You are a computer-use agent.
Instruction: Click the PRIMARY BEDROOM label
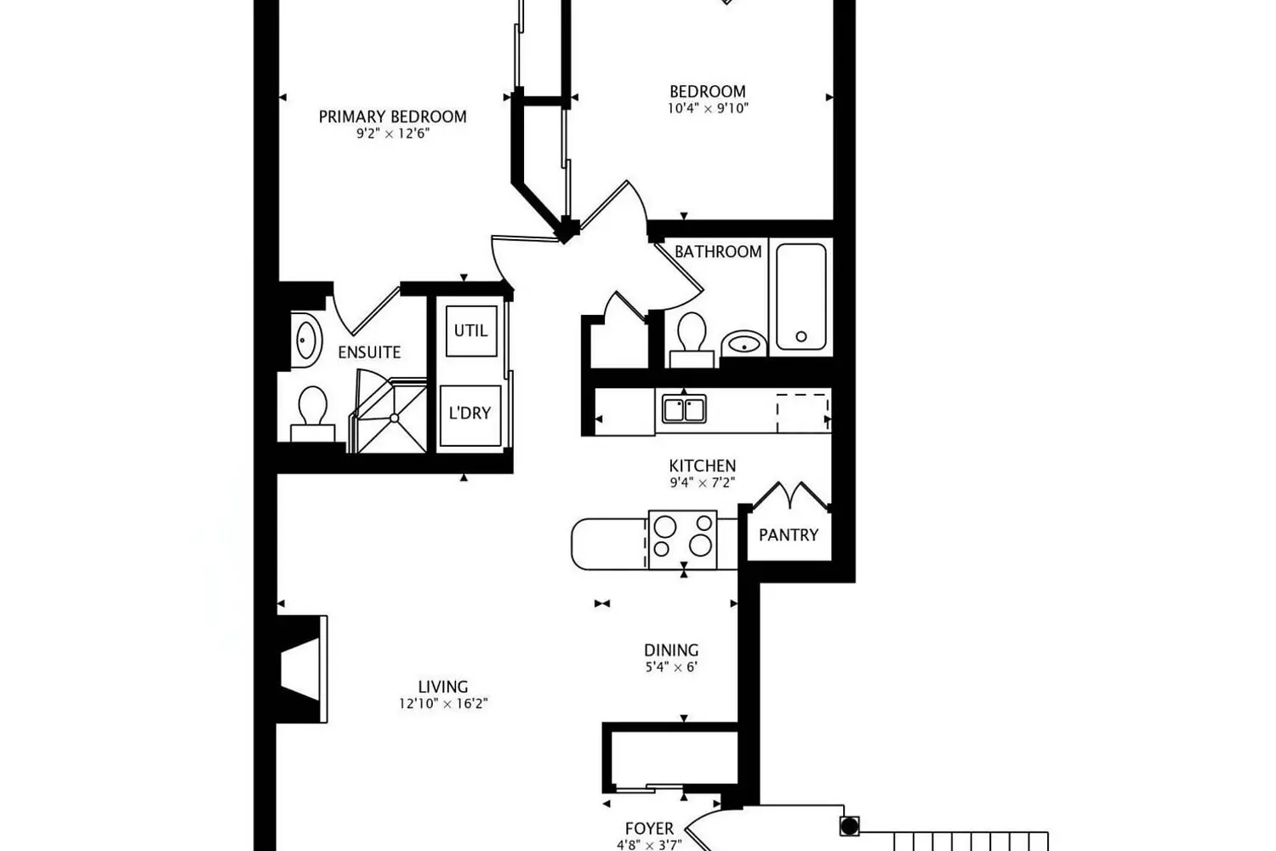[392, 117]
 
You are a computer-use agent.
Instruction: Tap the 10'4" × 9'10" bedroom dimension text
[708, 108]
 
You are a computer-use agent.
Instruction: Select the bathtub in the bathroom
[800, 296]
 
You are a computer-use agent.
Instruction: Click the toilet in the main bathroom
[692, 340]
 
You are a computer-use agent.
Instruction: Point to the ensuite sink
[306, 340]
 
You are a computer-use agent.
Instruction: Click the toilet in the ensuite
[313, 414]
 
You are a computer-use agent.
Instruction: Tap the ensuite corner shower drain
[394, 419]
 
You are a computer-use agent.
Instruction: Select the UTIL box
[471, 331]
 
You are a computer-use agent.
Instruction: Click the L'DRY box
[470, 415]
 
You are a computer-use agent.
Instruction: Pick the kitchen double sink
[684, 409]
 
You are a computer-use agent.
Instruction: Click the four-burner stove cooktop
[682, 540]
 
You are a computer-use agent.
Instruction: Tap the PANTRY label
[789, 535]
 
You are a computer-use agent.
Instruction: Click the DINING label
[671, 650]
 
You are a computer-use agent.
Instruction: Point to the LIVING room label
[443, 687]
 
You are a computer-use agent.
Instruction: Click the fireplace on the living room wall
[303, 669]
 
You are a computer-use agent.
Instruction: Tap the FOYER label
[649, 828]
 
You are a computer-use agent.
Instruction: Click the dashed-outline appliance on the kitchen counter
[803, 413]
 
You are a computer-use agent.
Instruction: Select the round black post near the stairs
[849, 826]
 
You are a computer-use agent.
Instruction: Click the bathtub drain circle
[801, 336]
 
